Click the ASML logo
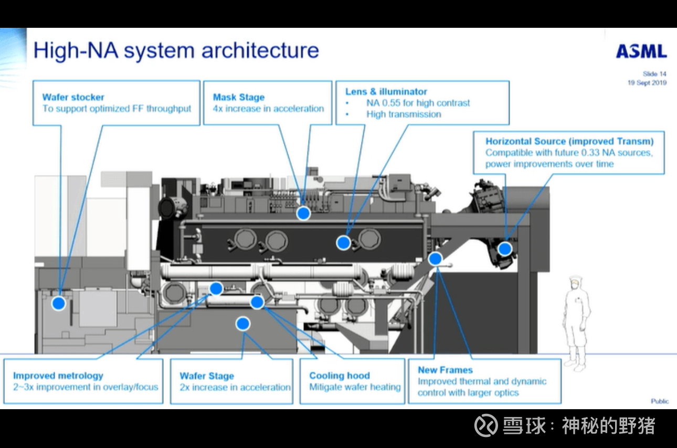click(641, 51)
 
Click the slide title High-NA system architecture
click(176, 50)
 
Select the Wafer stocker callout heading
click(73, 97)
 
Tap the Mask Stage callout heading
click(238, 97)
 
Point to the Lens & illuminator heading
click(386, 92)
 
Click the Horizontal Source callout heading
click(569, 141)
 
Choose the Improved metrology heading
click(58, 376)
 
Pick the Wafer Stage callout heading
click(207, 376)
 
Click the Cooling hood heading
click(340, 376)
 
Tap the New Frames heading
click(445, 370)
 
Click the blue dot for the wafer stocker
click(58, 303)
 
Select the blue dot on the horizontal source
click(504, 249)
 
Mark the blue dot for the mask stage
click(303, 213)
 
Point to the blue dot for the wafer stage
click(242, 324)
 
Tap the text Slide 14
click(654, 74)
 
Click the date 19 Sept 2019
click(647, 83)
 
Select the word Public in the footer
click(660, 401)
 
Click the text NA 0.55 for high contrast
click(418, 103)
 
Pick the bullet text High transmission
click(404, 114)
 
